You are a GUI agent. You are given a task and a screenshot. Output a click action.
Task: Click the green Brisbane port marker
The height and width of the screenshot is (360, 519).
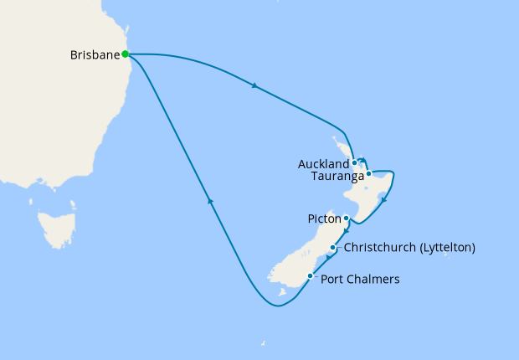click(x=125, y=54)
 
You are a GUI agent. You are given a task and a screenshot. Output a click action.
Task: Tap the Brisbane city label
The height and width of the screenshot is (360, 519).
click(x=95, y=55)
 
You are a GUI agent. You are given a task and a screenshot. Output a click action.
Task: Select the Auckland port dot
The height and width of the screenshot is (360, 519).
click(x=355, y=162)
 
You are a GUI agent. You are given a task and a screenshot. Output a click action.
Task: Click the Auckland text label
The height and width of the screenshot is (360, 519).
click(x=323, y=165)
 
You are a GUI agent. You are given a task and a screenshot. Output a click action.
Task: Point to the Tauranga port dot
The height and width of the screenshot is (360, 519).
click(x=368, y=173)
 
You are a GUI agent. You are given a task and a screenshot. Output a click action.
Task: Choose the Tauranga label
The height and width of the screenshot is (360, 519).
click(x=337, y=177)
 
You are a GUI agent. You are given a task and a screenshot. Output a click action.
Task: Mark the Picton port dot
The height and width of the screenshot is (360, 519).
click(x=346, y=219)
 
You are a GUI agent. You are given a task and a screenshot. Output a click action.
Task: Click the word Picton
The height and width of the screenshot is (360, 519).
click(x=324, y=219)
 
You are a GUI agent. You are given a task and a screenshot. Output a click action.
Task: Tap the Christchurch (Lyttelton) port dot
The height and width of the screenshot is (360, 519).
click(x=333, y=248)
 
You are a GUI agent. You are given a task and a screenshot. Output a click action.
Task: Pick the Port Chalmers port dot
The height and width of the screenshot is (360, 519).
click(x=311, y=276)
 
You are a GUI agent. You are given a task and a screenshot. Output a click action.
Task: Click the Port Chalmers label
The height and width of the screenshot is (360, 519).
click(x=360, y=279)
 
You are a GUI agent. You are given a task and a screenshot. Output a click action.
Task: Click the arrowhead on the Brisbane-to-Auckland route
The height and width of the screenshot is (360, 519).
click(x=253, y=85)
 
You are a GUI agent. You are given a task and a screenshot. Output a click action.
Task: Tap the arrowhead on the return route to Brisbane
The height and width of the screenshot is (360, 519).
click(x=210, y=201)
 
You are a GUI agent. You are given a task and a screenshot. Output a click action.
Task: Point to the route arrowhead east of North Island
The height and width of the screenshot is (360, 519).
click(x=383, y=200)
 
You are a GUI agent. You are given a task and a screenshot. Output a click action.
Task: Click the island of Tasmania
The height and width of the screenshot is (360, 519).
click(x=57, y=229)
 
